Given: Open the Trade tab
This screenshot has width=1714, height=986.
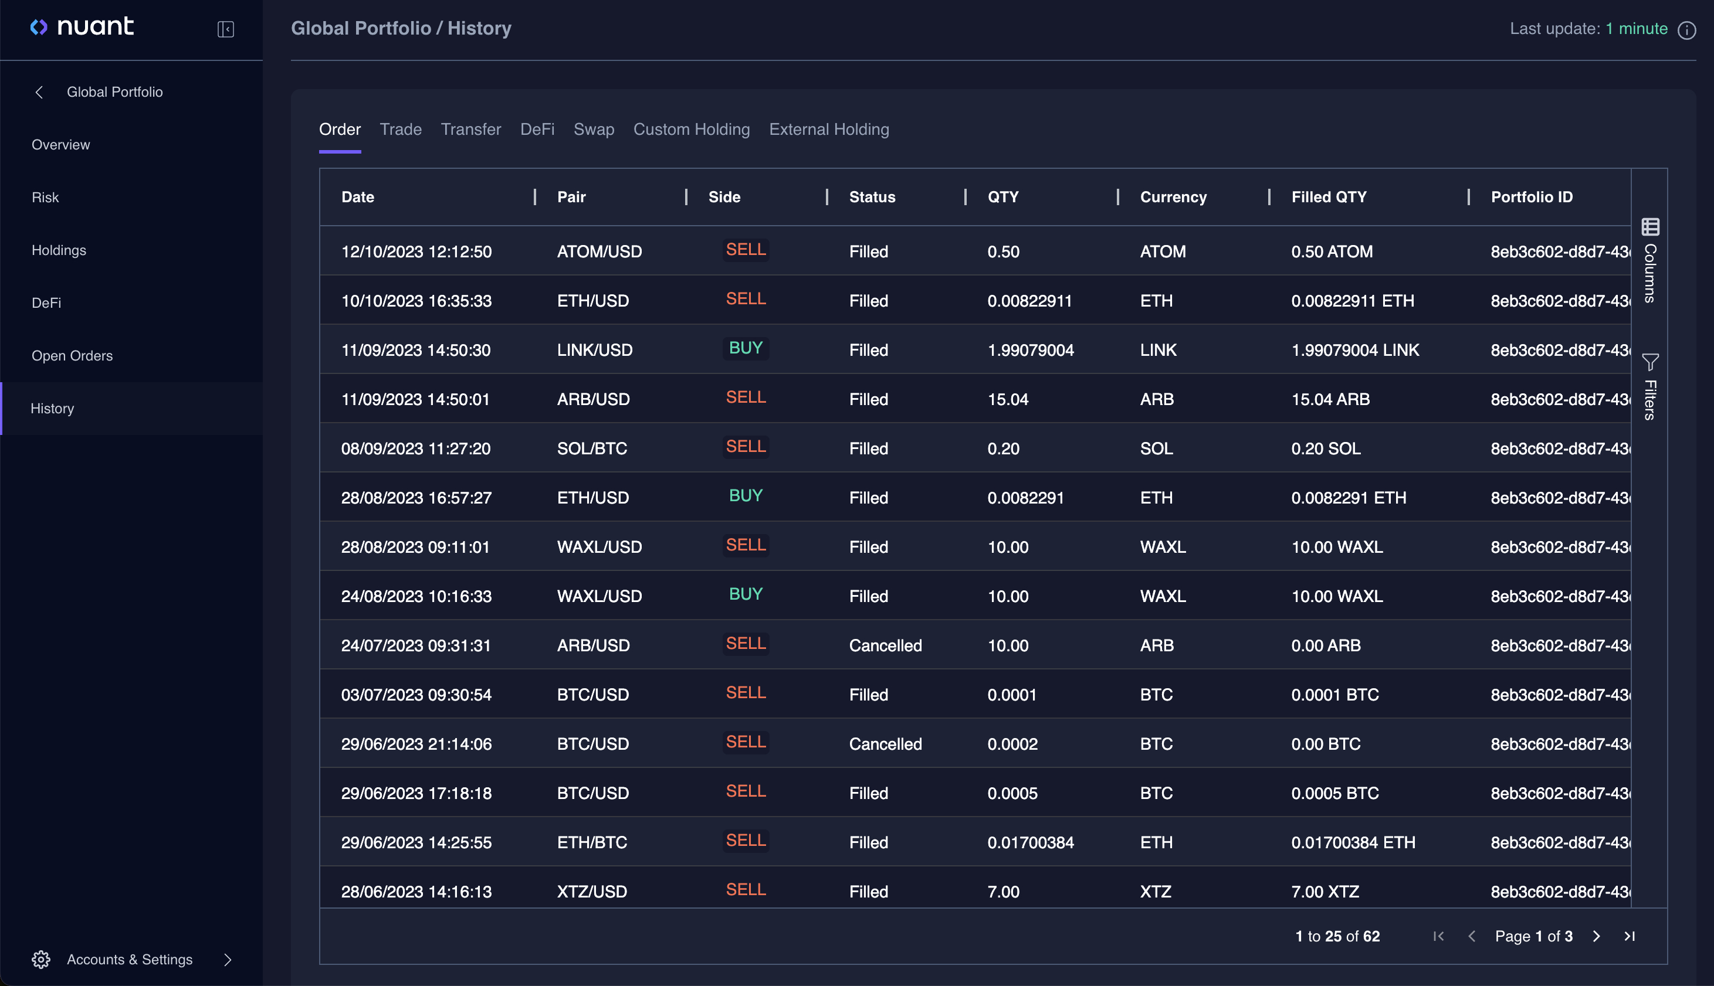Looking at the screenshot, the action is tap(401, 130).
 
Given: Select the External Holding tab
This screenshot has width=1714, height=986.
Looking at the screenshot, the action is tap(828, 130).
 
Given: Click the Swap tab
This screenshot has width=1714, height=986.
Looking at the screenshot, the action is tap(594, 130).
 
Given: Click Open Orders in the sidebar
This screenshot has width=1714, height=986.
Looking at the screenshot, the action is tap(72, 355).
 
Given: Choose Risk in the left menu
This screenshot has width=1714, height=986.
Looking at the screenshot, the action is tap(45, 197).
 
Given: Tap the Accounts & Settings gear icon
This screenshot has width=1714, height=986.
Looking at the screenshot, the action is tap(41, 960).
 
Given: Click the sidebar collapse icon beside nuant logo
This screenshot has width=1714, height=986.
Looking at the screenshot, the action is tap(226, 29).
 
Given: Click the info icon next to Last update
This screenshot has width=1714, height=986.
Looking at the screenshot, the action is tap(1686, 30).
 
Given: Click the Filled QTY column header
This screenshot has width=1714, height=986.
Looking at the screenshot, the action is tap(1329, 197).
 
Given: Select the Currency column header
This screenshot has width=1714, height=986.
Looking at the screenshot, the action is tap(1173, 197).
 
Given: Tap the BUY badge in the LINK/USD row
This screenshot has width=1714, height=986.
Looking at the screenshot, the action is tap(745, 348).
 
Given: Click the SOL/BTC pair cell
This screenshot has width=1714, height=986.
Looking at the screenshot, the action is tap(591, 448).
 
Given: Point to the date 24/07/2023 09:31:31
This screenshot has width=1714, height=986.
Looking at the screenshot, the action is tap(415, 645).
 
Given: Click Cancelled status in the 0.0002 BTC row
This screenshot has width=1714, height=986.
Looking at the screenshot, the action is tap(885, 743).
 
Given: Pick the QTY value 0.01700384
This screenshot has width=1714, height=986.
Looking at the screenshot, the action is tap(1030, 842).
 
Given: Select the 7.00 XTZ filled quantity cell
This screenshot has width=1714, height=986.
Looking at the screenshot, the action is tap(1325, 891).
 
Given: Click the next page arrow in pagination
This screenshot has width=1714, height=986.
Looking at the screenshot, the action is tap(1596, 936).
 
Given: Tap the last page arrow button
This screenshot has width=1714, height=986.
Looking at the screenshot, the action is tap(1630, 936).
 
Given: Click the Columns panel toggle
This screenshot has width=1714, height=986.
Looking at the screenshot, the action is tap(1649, 261).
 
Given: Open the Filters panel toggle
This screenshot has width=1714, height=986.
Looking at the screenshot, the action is tap(1649, 386).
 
